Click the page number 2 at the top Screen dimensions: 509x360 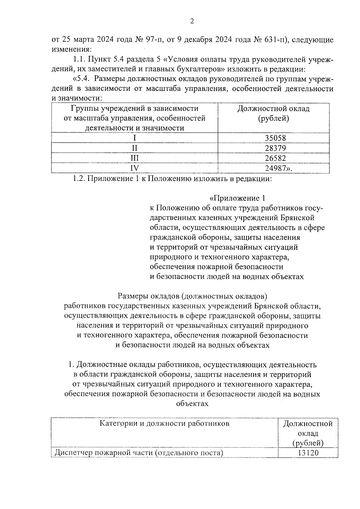click(192, 21)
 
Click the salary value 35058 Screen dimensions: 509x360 click(275, 138)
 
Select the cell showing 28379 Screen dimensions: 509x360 click(275, 148)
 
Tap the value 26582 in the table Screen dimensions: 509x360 click(275, 158)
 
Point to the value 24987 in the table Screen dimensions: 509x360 click(275, 168)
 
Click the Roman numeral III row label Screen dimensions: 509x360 click(134, 158)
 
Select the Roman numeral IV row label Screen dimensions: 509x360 click(134, 168)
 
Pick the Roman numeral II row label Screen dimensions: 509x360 click(134, 148)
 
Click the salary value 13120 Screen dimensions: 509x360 click(308, 453)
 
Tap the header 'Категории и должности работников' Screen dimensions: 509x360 click(164, 424)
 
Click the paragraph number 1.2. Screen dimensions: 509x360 click(79, 179)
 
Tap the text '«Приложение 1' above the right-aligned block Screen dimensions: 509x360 click(237, 198)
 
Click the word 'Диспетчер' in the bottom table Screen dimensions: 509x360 click(72, 453)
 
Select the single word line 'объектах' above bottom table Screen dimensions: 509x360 click(192, 404)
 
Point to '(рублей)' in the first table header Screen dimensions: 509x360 click(273, 118)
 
